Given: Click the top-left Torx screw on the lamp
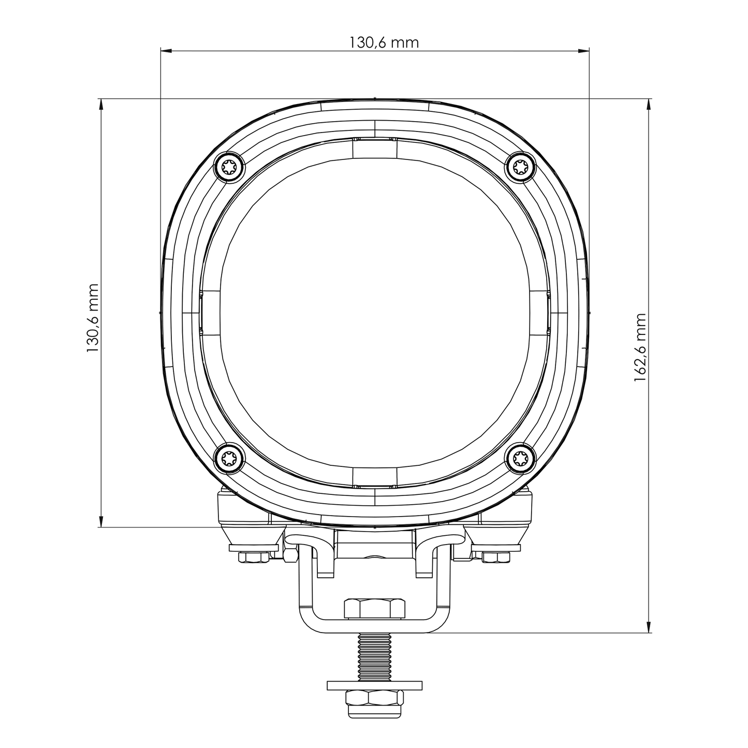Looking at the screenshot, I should tap(229, 167).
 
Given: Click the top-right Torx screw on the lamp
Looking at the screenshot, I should tap(521, 167).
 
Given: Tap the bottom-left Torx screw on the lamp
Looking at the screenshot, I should tap(229, 458).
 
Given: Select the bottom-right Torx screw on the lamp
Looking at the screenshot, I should tap(521, 458).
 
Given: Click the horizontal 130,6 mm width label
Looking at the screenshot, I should tap(384, 42).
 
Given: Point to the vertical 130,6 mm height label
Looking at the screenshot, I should tap(93, 318).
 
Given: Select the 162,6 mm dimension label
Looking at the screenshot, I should tap(640, 347).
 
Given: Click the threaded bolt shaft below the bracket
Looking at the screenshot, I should tap(374, 657).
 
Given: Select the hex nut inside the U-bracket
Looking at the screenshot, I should tap(374, 608).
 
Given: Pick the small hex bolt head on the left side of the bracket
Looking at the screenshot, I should tap(253, 557).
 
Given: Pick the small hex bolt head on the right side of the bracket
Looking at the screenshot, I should tap(495, 557).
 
